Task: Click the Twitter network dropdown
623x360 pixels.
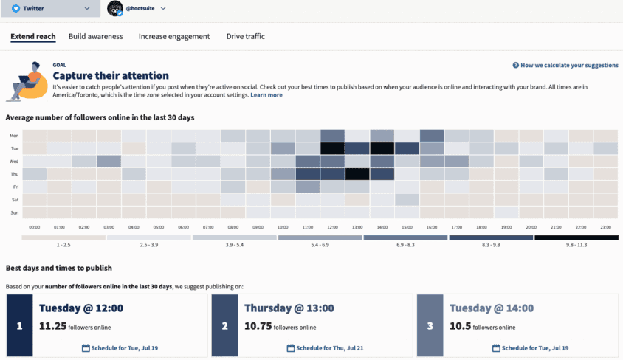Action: (50, 9)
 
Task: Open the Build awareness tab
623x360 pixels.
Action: (95, 36)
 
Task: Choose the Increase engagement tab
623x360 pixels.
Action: (174, 36)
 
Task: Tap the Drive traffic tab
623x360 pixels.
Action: (245, 36)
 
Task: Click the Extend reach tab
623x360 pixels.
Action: (32, 36)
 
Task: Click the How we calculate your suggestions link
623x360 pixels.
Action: (565, 65)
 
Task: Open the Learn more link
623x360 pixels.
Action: (266, 95)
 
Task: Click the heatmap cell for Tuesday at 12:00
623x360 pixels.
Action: (332, 148)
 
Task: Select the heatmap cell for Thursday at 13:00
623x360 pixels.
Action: (357, 174)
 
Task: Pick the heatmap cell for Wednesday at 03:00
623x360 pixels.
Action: (109, 162)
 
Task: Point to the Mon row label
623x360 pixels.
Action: (14, 136)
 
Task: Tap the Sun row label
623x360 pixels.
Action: (14, 212)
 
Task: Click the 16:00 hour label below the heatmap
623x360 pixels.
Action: (432, 227)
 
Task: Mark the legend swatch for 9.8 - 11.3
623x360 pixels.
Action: (576, 238)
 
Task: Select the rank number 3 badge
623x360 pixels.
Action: (430, 325)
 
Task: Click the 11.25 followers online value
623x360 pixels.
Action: (52, 326)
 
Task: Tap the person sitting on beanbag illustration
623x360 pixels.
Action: (27, 81)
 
